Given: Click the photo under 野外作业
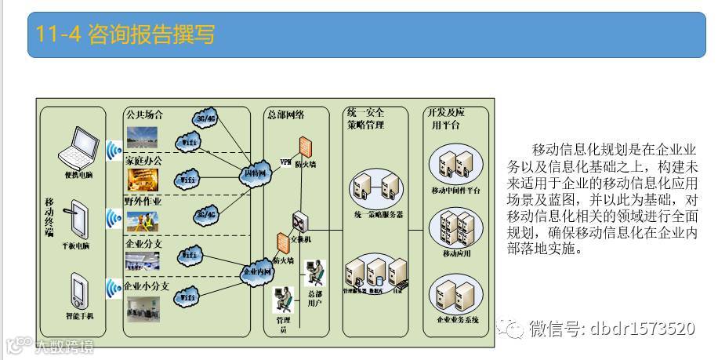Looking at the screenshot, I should point(143,221).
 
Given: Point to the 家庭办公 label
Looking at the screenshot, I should point(144,160).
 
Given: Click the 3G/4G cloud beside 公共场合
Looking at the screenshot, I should point(205,120).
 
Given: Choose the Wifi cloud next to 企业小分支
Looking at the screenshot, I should point(189,296).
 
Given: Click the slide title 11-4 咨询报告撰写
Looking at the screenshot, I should point(125,35).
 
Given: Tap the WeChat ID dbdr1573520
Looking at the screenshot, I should point(612,328).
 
